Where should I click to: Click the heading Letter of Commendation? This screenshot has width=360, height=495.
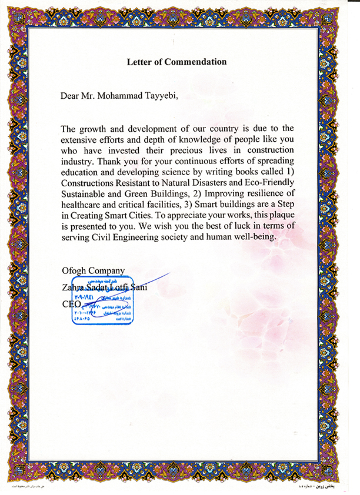176,61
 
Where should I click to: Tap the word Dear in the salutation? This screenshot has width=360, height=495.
70,95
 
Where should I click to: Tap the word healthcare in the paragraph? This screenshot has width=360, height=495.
83,204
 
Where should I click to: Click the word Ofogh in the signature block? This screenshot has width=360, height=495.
74,270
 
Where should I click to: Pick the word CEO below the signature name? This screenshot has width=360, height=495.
70,305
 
